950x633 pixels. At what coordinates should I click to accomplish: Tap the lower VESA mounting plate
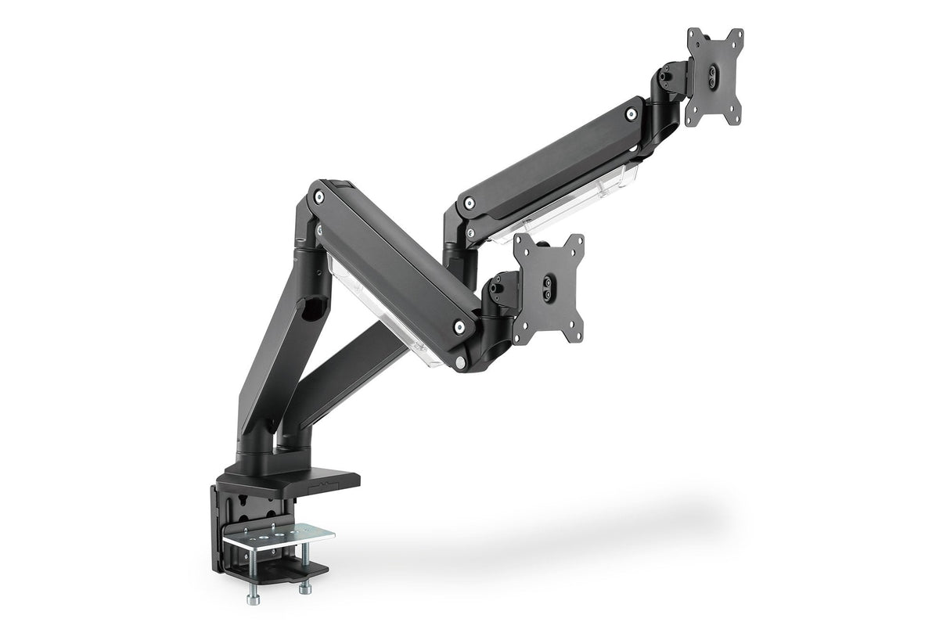[549, 290]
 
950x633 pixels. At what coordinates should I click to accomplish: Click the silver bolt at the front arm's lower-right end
[459, 326]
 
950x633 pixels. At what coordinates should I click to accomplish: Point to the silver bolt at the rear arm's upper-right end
[631, 114]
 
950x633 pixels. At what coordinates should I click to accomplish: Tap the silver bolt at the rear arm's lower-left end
[469, 204]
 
